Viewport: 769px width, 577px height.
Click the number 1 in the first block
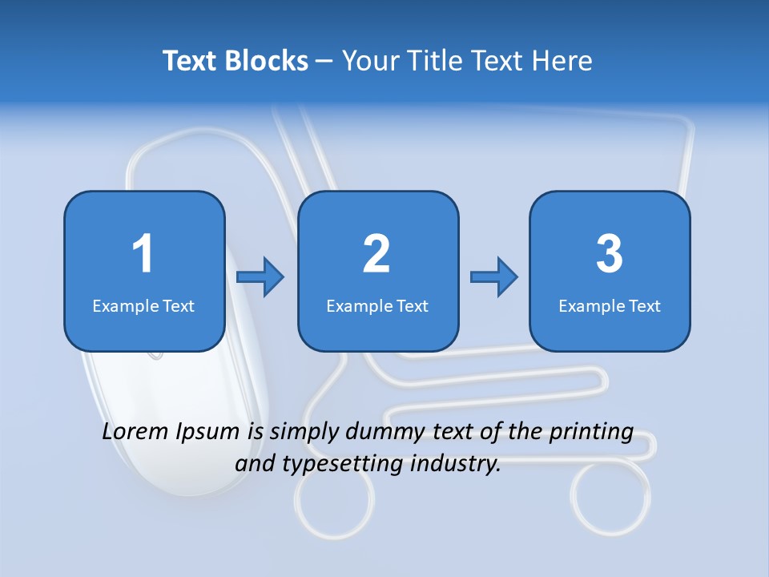coord(143,254)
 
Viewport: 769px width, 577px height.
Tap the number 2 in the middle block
coord(376,254)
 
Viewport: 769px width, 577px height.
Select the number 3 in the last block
coord(609,254)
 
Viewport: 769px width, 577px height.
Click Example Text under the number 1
coord(143,305)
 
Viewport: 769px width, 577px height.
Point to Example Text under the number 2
coord(377,305)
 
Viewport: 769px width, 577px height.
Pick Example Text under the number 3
coord(610,305)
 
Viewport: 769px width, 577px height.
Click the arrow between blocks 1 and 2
coord(261,277)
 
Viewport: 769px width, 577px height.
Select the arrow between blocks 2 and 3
coord(494,277)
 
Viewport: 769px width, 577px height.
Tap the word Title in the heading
coord(437,61)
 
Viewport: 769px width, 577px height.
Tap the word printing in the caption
coord(591,433)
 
